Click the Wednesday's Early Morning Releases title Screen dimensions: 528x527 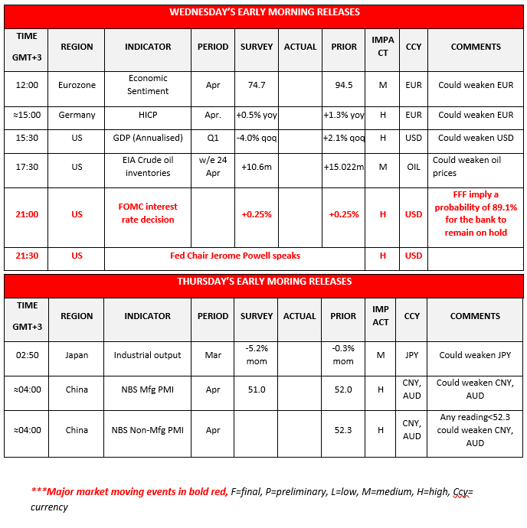point(264,12)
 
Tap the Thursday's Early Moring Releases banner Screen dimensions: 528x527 point(264,282)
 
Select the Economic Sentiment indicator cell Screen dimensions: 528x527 point(148,85)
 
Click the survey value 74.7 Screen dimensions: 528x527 point(256,85)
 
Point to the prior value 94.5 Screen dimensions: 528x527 point(344,85)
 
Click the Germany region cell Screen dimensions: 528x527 point(77,115)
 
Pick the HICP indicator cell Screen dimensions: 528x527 point(148,115)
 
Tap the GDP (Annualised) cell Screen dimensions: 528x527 point(148,138)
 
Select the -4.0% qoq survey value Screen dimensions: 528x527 point(256,138)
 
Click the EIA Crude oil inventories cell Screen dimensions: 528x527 point(148,167)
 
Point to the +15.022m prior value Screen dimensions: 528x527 point(344,167)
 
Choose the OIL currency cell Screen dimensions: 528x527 point(414,167)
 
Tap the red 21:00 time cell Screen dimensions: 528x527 point(27,214)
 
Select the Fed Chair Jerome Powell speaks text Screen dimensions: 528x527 point(234,256)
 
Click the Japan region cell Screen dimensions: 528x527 point(77,355)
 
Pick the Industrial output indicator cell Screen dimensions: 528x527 point(148,355)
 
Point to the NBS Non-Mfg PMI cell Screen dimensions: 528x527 point(148,430)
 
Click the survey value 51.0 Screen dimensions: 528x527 point(256,389)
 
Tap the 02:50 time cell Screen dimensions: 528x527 point(27,355)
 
